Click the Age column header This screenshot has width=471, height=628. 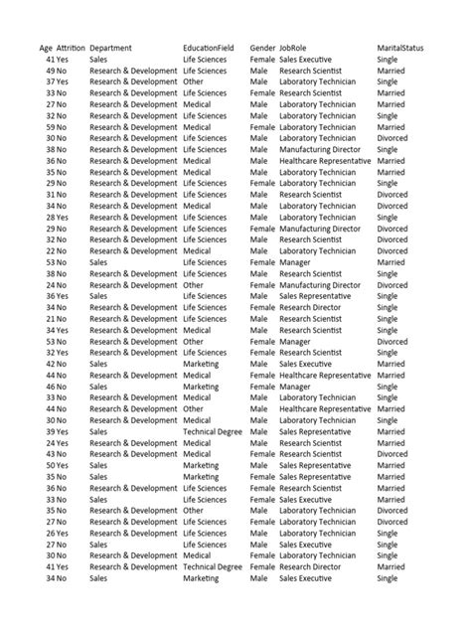[46, 49]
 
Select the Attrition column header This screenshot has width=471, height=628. [71, 49]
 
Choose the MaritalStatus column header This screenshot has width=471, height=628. [404, 49]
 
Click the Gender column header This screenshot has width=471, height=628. [263, 49]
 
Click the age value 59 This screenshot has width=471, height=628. [50, 127]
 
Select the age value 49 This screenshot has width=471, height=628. [50, 72]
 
